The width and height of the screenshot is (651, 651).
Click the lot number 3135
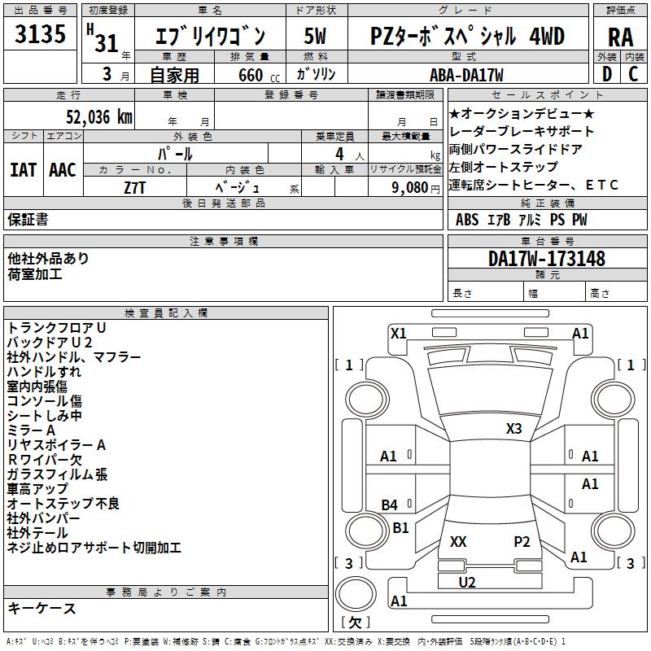pos(41,36)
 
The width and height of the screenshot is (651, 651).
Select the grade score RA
pos(620,37)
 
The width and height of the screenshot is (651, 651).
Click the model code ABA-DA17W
pos(466,75)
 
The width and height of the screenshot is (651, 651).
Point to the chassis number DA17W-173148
pos(547,260)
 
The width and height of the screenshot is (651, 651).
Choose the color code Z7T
pos(135,187)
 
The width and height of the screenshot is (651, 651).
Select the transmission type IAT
pos(24,170)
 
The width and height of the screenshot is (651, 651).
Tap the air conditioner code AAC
pos(63,170)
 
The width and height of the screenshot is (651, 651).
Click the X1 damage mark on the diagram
pos(398,333)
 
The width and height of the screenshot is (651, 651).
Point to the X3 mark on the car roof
pos(513,428)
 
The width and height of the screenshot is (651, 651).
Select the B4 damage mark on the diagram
pos(390,505)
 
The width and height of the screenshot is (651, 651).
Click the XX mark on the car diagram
pos(458,541)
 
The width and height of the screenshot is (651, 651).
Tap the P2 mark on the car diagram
pos(522,541)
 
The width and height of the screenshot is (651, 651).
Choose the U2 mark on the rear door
pos(467,582)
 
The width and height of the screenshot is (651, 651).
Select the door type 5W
pos(315,37)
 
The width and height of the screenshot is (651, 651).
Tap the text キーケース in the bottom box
pos(42,608)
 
